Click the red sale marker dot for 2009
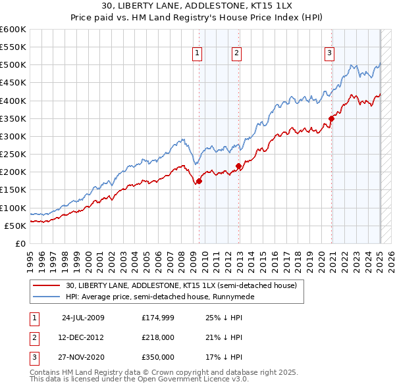coord(199,181)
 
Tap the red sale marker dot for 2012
coord(238,166)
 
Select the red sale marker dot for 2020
coord(331,118)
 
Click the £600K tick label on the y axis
coord(13,30)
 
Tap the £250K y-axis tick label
coord(13,154)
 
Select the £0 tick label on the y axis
coord(21,243)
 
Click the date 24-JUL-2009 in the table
coord(83,317)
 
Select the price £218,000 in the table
coord(158,337)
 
